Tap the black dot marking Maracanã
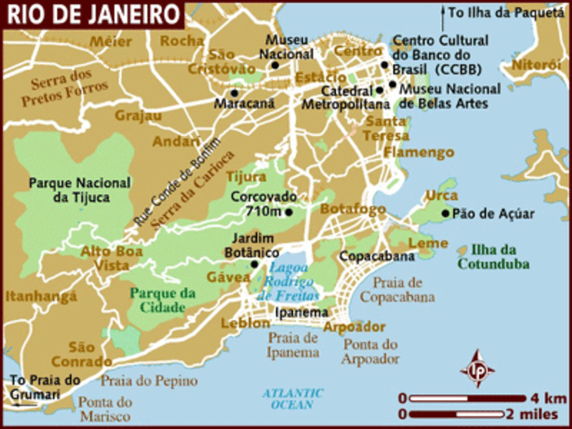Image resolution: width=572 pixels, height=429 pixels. click(x=234, y=92)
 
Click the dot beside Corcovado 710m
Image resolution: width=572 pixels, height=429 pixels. click(x=288, y=212)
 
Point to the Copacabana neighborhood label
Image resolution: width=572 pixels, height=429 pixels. click(x=377, y=257)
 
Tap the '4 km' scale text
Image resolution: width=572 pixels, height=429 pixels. click(x=547, y=397)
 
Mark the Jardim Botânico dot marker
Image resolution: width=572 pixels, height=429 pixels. click(x=255, y=264)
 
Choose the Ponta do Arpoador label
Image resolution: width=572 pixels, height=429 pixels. click(x=369, y=351)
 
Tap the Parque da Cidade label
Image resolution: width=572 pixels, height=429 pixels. click(x=162, y=300)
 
